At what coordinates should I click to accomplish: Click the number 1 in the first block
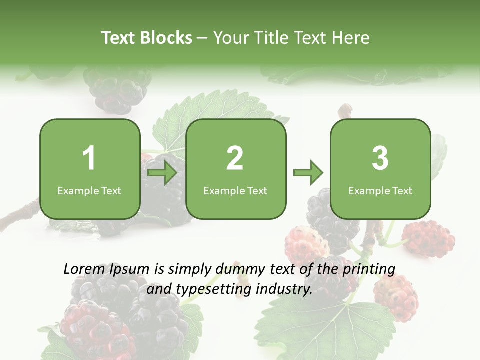pos(89,158)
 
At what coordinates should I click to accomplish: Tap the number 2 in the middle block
pos(235,158)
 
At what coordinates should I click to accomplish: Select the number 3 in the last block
pos(380,158)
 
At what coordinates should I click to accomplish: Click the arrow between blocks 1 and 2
pos(163,173)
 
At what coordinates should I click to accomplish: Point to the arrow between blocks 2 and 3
pos(308,173)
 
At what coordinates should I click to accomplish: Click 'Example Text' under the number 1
pos(89,190)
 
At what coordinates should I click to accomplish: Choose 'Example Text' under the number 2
pos(235,190)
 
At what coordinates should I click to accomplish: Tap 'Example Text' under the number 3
pos(380,190)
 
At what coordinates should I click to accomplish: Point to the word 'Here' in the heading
pos(351,38)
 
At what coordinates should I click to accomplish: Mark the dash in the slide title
pos(202,38)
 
